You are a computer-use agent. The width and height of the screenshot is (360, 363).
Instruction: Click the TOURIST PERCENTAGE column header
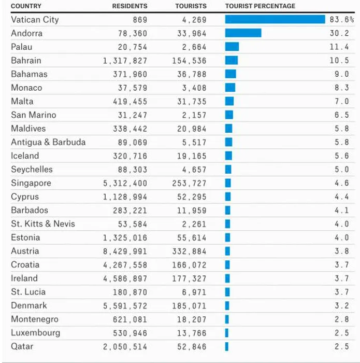260,6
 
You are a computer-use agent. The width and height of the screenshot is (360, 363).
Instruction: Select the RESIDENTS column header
129,6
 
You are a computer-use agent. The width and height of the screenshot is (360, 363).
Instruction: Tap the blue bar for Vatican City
275,20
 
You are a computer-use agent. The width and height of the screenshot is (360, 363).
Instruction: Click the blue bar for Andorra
243,33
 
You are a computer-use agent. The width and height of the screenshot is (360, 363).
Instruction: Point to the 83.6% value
341,20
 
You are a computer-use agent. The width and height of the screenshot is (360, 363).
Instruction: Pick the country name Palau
22,47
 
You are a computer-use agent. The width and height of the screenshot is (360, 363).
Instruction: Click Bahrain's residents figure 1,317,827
125,61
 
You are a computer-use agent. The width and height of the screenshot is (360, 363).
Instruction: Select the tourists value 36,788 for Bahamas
190,74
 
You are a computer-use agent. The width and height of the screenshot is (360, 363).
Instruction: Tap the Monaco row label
26,88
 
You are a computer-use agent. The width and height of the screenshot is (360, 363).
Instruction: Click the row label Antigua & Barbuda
48,142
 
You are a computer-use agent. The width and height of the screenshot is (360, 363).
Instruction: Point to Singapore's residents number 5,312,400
125,183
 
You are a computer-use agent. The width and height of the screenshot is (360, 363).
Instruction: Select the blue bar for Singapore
228,183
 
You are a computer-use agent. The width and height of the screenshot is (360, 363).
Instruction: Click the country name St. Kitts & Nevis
43,224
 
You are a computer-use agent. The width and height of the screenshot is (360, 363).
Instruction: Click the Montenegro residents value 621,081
130,319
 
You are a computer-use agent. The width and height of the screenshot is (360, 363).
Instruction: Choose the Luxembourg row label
35,332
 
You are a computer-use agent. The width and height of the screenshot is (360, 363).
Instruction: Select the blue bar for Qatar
227,346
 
